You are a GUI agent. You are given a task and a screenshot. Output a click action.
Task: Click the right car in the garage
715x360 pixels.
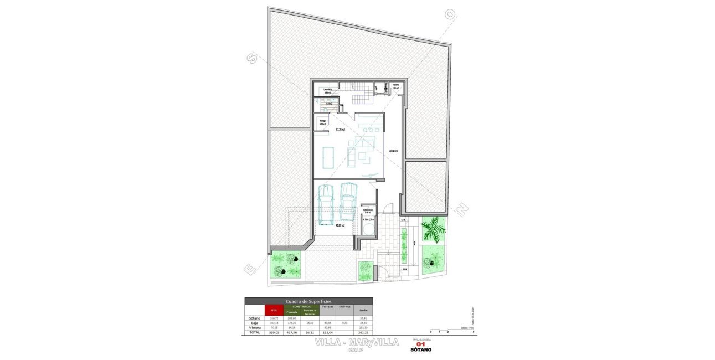(x=348, y=202)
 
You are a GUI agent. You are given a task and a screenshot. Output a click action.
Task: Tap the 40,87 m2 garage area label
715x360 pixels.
(x=340, y=225)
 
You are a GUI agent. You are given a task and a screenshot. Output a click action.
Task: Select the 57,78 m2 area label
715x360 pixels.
(x=340, y=130)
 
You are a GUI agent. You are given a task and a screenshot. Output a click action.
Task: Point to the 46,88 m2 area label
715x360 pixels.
(x=393, y=151)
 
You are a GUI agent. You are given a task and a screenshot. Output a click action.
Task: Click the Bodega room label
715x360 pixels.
(x=323, y=122)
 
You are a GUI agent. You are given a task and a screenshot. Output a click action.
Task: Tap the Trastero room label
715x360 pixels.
(x=395, y=86)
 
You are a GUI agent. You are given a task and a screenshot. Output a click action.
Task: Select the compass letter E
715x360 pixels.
(x=250, y=269)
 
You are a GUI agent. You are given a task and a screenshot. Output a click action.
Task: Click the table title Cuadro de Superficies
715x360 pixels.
(x=308, y=301)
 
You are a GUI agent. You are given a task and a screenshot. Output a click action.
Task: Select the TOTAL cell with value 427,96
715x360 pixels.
(x=292, y=332)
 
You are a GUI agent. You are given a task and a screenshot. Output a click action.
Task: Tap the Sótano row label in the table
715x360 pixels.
(x=254, y=318)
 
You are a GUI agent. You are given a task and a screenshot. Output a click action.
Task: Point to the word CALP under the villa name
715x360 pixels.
(x=356, y=350)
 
